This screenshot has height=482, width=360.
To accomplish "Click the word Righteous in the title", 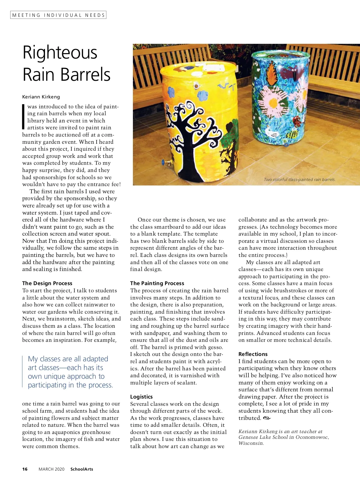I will (60, 53).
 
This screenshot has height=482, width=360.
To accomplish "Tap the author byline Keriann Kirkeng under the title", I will (41, 97).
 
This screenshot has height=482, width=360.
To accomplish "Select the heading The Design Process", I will (47, 283).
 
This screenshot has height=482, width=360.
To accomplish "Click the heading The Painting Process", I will (157, 283).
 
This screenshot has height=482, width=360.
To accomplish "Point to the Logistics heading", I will (141, 397).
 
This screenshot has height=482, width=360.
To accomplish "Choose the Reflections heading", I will (253, 354).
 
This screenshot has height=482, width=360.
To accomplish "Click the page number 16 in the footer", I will (25, 469).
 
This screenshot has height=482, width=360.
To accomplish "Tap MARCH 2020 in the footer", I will (51, 469).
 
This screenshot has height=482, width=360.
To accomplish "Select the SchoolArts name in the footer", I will (82, 469).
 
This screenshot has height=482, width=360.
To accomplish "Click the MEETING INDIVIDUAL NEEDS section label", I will (58, 15).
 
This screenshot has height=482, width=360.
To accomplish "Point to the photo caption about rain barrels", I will (299, 179).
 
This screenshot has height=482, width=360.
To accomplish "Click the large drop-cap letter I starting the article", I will (24, 117).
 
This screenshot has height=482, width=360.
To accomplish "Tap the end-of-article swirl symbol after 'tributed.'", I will (267, 418).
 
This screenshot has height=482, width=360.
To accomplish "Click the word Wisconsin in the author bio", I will (251, 443).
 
